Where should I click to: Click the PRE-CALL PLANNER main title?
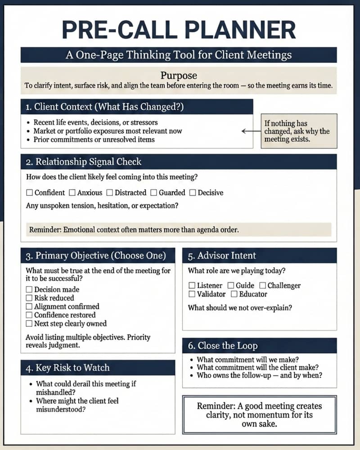[179, 30]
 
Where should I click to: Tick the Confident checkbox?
[30, 193]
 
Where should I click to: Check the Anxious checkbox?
[72, 193]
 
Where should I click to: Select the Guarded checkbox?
[154, 193]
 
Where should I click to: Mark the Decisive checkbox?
[193, 193]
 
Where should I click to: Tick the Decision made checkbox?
[30, 290]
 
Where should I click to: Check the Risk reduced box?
[30, 298]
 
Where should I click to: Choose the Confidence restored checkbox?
[30, 315]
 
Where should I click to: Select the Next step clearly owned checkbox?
[30, 324]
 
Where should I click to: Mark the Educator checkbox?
[234, 294]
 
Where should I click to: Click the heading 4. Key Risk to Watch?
[67, 368]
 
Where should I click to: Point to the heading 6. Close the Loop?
[223, 346]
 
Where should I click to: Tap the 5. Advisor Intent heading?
[222, 256]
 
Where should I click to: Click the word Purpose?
[179, 76]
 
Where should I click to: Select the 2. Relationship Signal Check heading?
[84, 162]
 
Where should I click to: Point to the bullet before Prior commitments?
[29, 140]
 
